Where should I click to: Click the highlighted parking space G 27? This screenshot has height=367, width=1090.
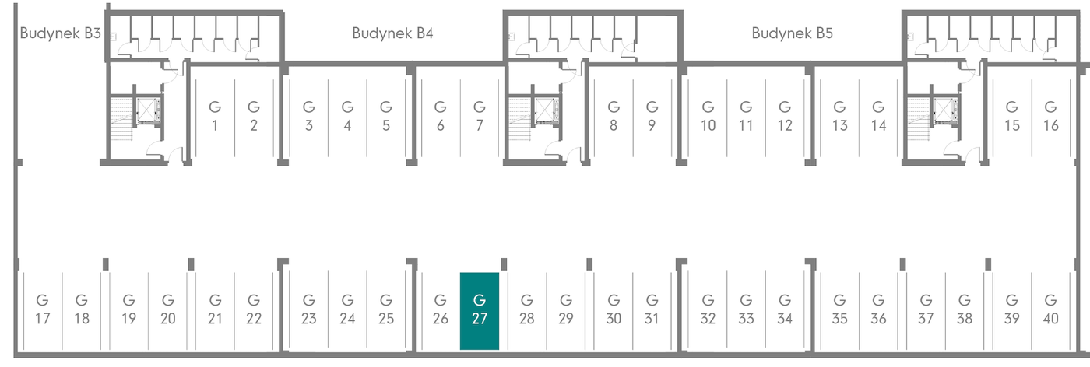tap(480, 311)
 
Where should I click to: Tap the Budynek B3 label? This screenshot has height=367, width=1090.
tap(61, 33)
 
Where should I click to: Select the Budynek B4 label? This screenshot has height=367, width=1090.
tap(392, 33)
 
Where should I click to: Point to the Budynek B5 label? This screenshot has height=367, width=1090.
tap(793, 33)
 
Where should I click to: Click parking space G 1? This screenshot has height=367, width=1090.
tap(215, 117)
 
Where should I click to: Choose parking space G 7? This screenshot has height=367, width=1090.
tap(480, 117)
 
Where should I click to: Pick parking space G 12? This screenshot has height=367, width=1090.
tap(785, 117)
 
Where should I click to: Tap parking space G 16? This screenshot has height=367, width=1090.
tap(1050, 117)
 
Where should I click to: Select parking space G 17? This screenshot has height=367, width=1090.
tap(43, 311)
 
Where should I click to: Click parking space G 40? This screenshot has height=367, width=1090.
tap(1050, 311)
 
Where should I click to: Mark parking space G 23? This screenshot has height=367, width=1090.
tap(309, 311)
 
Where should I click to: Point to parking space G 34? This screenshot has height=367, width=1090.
tap(785, 311)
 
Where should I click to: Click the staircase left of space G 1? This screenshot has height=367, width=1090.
tap(121, 120)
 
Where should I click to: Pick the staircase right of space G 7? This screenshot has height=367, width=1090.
tap(520, 120)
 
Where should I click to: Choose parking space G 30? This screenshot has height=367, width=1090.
tap(614, 311)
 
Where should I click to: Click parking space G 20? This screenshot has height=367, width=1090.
tap(168, 311)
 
